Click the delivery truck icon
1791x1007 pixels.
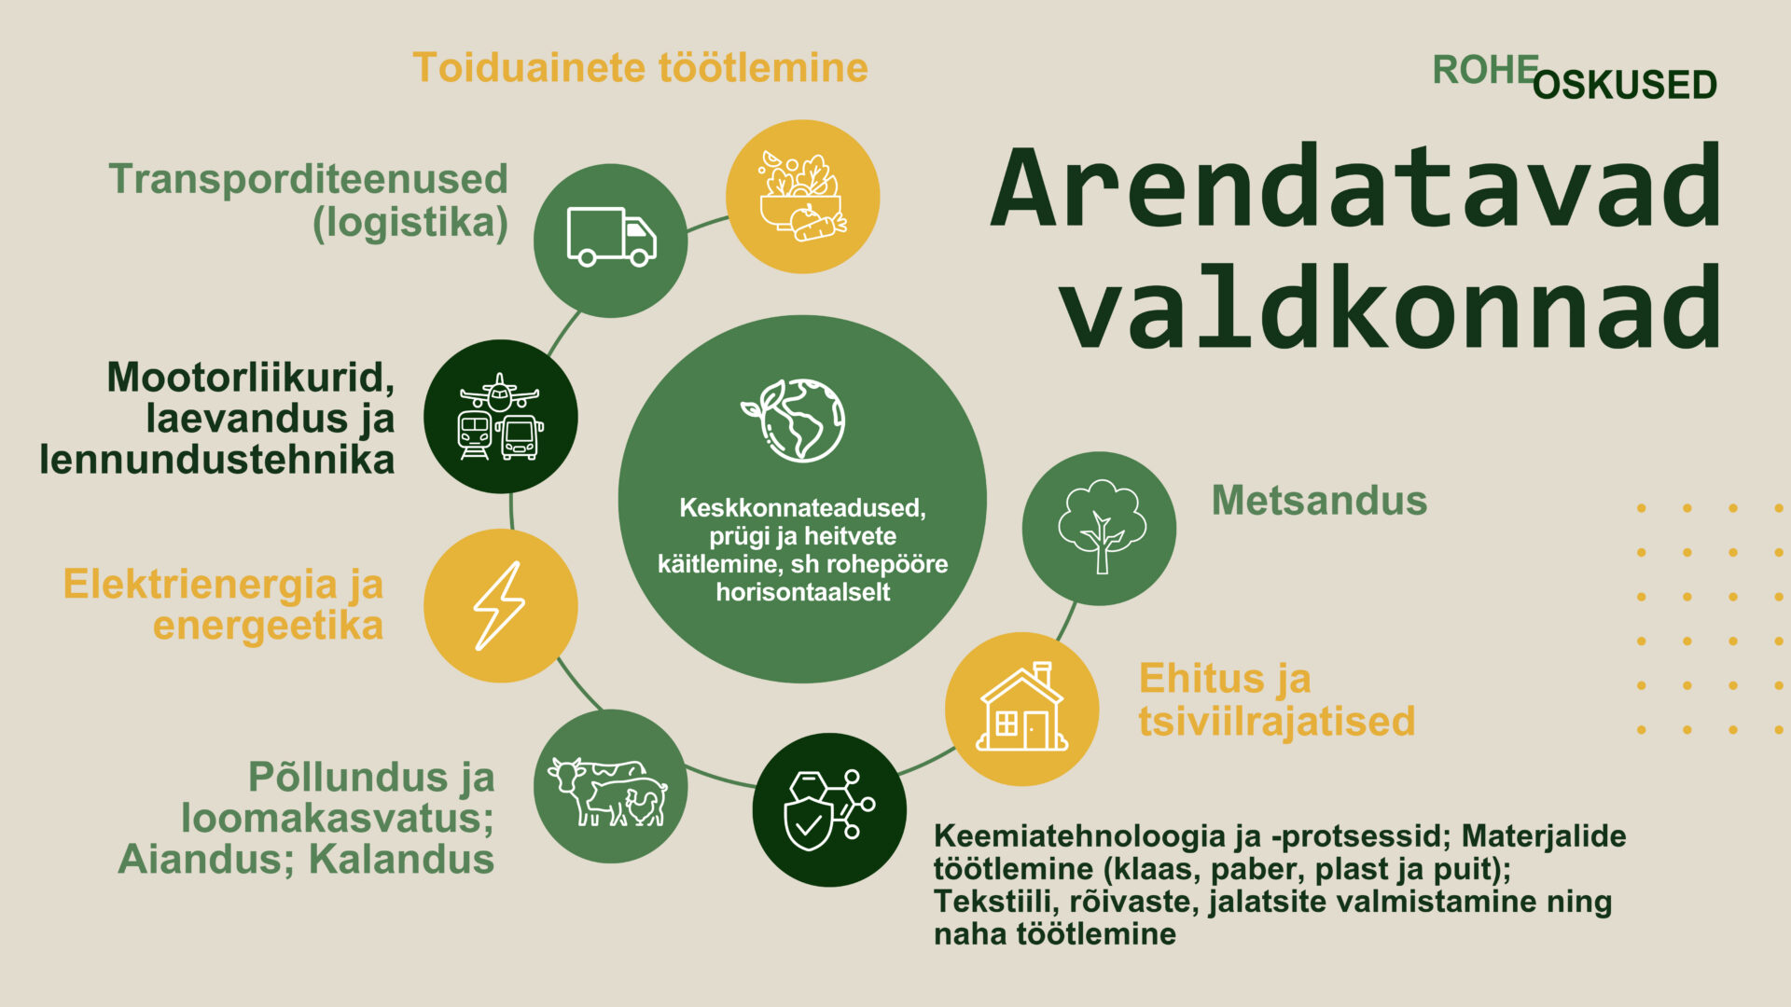coord(611,238)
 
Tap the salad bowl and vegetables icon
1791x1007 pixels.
coord(802,197)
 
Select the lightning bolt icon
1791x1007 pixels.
coord(500,605)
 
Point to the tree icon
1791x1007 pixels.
coord(1101,527)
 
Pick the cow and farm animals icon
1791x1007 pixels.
coord(609,791)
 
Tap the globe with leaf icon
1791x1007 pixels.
coord(796,420)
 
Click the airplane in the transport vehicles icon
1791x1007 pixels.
coord(500,393)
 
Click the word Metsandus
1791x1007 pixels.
coord(1319,501)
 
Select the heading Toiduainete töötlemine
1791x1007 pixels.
coord(640,68)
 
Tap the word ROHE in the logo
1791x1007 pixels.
coord(1484,70)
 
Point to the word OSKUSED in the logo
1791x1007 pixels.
coord(1624,86)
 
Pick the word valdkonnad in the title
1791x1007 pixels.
coord(1390,308)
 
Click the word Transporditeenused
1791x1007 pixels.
coord(308,179)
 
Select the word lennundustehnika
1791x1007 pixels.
coord(216,460)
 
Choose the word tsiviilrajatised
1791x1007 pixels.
coord(1276,721)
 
